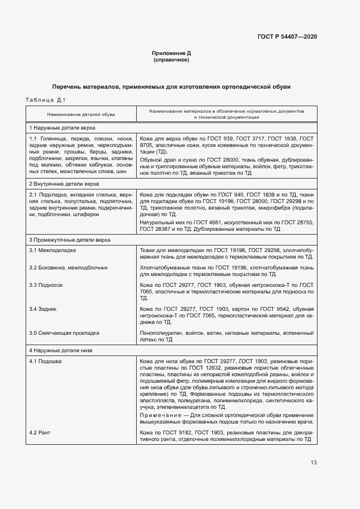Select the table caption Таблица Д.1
click(x=46, y=99)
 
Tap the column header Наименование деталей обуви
click(x=81, y=115)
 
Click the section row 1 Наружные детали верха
click(x=62, y=127)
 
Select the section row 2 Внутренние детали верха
click(x=64, y=184)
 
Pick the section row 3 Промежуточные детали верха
click(x=69, y=240)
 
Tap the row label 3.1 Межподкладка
click(x=53, y=250)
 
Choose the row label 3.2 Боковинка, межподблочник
click(x=69, y=268)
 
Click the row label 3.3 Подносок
click(x=46, y=285)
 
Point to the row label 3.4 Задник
click(x=43, y=309)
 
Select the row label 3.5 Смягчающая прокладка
click(x=64, y=333)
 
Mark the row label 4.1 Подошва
click(x=45, y=361)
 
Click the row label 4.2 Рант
click(x=40, y=432)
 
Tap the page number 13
click(x=313, y=463)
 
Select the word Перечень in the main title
click(x=66, y=87)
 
